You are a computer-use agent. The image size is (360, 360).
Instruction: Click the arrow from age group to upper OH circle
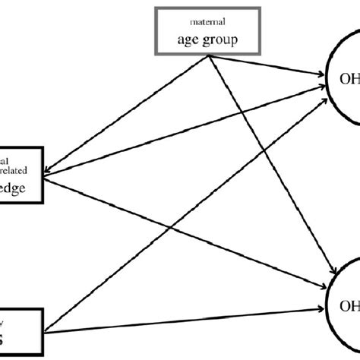tap(266, 66)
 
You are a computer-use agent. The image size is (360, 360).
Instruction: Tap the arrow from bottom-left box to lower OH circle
tap(190, 319)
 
